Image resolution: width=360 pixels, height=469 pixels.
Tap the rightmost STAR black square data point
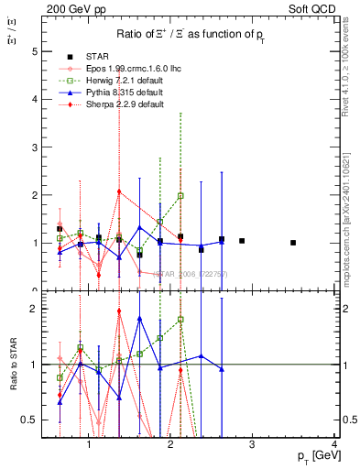pyautogui.click(x=293, y=243)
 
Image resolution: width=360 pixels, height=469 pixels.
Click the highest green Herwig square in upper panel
pyautogui.click(x=180, y=196)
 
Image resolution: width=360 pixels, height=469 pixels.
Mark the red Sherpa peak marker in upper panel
pyautogui.click(x=119, y=191)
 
